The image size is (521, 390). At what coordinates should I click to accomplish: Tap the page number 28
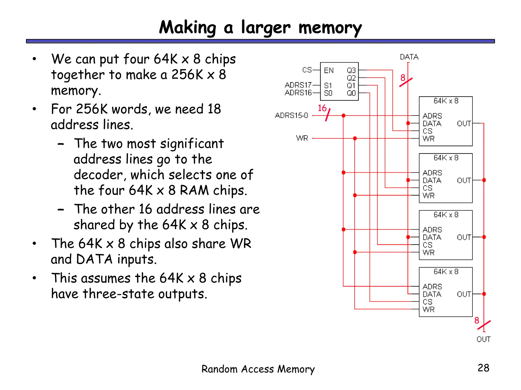click(483, 368)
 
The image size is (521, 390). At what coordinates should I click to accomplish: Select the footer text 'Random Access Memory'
click(258, 369)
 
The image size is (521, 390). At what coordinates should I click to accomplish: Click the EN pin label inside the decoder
click(329, 70)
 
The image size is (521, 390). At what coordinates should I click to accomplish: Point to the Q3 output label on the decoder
click(351, 70)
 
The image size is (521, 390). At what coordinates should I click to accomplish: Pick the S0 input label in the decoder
click(328, 93)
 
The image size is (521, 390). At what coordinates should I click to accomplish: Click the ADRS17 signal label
click(298, 85)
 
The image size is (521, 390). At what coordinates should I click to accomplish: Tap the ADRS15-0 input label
click(291, 116)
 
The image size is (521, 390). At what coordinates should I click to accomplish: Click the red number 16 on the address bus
click(322, 108)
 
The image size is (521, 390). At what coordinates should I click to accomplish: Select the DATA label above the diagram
click(409, 57)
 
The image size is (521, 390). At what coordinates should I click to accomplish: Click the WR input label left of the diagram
click(302, 138)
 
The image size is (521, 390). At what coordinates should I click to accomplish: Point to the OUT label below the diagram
click(483, 339)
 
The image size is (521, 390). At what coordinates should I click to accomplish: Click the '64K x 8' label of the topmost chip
click(446, 101)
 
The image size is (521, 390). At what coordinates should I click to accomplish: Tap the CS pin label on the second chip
click(427, 188)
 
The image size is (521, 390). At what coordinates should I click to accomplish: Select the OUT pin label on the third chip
click(464, 237)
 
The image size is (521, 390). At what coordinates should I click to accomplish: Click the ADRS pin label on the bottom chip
click(432, 287)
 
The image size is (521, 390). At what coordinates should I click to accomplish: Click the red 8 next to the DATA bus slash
click(403, 78)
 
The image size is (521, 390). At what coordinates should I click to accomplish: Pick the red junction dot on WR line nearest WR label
click(355, 138)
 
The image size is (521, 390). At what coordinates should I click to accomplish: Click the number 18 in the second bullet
click(214, 109)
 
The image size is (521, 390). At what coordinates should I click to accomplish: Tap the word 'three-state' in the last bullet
click(118, 294)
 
